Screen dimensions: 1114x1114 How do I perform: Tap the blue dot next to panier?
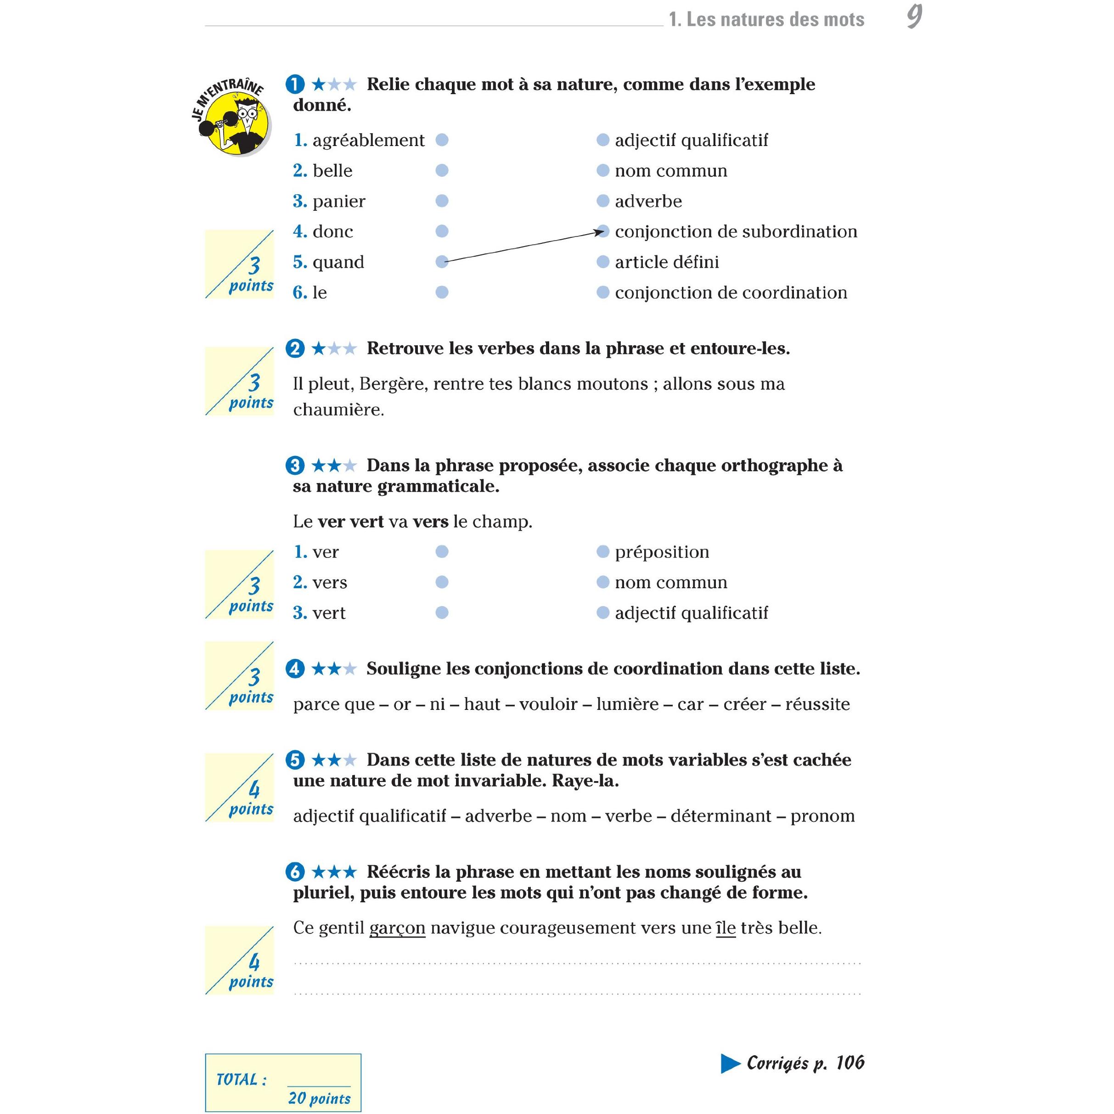[x=442, y=201]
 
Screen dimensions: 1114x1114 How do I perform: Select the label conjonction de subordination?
[x=736, y=232]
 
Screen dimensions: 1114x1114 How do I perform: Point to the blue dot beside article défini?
[x=602, y=262]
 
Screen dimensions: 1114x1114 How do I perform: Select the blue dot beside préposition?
[x=602, y=552]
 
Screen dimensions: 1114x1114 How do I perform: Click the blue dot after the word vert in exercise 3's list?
[x=442, y=613]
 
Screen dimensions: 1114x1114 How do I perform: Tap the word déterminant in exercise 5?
[x=721, y=816]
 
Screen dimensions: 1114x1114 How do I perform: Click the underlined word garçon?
[x=397, y=928]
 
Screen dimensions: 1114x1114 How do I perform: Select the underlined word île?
[x=726, y=928]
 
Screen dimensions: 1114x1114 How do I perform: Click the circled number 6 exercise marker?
[x=295, y=872]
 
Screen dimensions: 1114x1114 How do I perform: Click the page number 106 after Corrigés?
[x=850, y=1063]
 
